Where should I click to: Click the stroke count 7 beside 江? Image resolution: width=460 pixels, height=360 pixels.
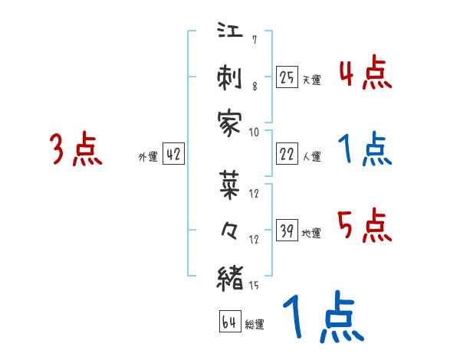click(x=254, y=40)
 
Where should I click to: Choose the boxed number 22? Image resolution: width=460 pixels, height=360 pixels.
click(x=287, y=154)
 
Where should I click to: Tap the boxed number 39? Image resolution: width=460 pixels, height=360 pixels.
click(x=287, y=231)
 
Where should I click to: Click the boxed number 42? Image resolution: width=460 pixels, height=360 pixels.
click(x=173, y=154)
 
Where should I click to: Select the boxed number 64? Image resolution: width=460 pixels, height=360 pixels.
click(x=228, y=322)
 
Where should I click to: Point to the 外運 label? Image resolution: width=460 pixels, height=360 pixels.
click(x=148, y=156)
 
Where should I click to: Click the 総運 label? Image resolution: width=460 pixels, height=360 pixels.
click(x=255, y=325)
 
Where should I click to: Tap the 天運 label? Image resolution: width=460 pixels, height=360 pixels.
click(x=311, y=79)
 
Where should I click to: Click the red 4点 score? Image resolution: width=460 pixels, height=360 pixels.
click(x=365, y=74)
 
